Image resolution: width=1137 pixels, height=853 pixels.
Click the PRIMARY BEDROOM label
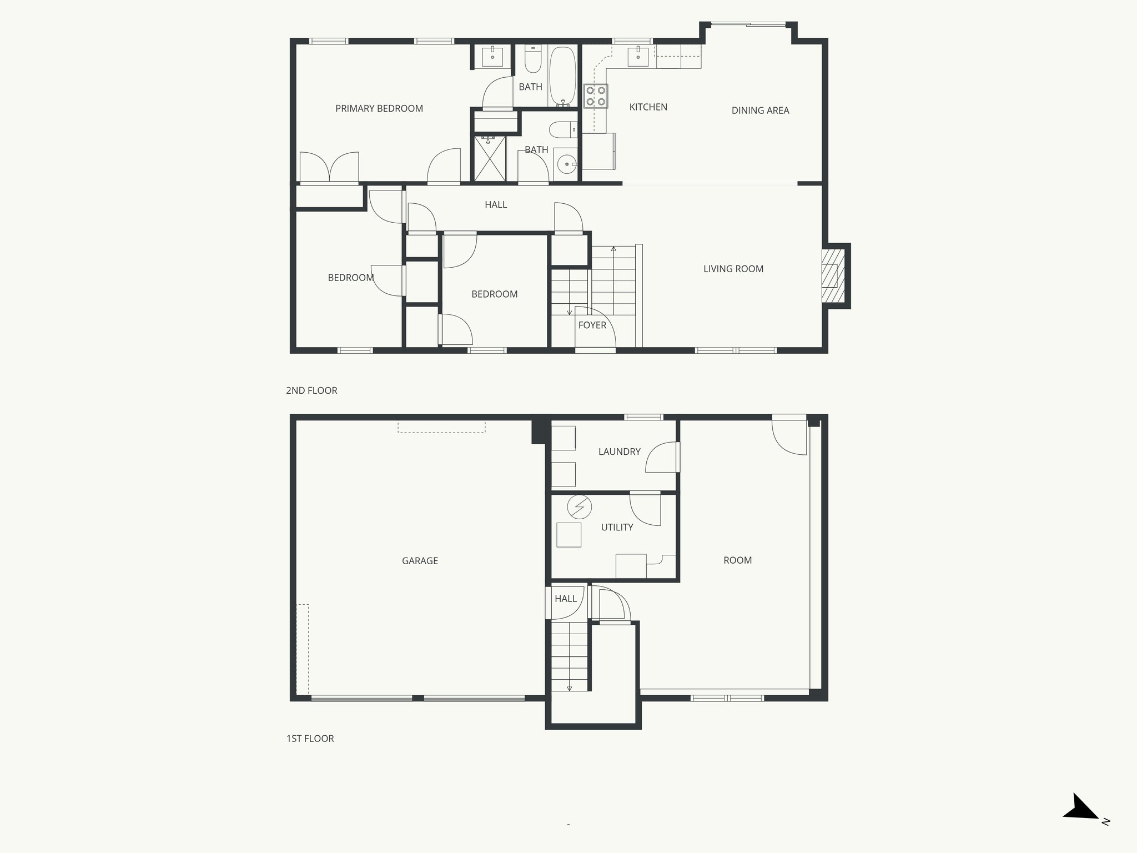click(x=379, y=109)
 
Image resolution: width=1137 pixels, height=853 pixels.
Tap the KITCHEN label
click(x=648, y=107)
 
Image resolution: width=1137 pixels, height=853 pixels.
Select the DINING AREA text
click(x=760, y=111)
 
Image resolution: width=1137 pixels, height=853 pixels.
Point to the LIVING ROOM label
click(x=733, y=269)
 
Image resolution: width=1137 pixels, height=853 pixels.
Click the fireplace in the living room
click(x=832, y=276)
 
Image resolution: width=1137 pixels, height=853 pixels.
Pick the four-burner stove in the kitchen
click(x=596, y=96)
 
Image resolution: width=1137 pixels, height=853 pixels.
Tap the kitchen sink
click(x=638, y=57)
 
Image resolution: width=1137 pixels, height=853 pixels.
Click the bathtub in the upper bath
click(x=563, y=77)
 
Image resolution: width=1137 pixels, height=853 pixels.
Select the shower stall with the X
click(x=490, y=158)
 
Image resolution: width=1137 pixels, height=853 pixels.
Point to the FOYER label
click(x=592, y=325)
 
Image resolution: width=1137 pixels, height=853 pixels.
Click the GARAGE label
click(x=420, y=561)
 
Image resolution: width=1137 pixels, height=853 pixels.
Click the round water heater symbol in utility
click(x=580, y=506)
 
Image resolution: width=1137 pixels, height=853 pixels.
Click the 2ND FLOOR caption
click(x=311, y=391)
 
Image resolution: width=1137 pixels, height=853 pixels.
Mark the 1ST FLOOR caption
click(x=310, y=739)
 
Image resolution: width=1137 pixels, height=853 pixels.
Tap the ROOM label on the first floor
click(x=737, y=560)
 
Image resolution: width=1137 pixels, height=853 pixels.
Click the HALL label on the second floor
click(x=496, y=205)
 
